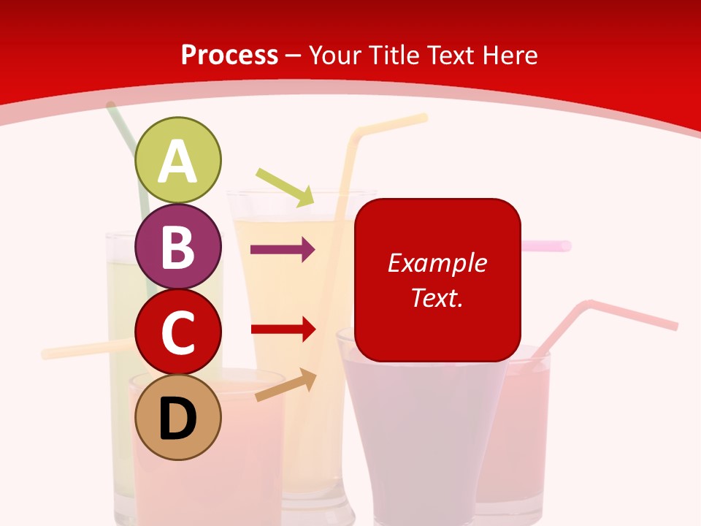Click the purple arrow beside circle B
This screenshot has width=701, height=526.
[283, 250]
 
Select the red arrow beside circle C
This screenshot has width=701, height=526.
[283, 329]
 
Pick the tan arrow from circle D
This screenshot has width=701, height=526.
[286, 385]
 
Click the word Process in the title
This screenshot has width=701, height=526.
[229, 55]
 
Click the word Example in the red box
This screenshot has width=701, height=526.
[437, 263]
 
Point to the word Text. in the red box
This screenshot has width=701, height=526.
[437, 297]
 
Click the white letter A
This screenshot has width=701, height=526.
[178, 162]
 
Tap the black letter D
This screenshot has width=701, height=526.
[178, 419]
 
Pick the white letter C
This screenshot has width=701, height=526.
[178, 334]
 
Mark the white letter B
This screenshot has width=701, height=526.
[178, 247]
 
